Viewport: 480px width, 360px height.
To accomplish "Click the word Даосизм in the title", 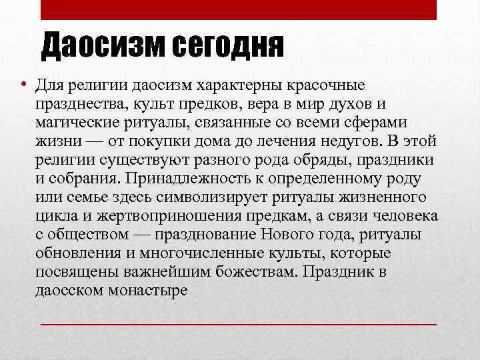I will [103, 46].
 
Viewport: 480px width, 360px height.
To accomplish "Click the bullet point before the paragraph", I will [23, 87].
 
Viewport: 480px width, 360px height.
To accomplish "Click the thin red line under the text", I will [239, 323].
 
